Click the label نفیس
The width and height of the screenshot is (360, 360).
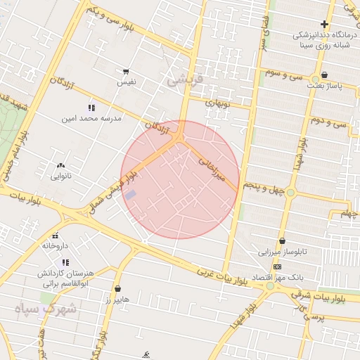point(126,82)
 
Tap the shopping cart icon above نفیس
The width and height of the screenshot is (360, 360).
point(126,72)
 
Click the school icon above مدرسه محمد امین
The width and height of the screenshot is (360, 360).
point(91,108)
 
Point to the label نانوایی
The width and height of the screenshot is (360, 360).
point(60,176)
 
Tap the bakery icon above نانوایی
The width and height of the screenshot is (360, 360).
point(60,166)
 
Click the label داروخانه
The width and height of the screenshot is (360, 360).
point(55,246)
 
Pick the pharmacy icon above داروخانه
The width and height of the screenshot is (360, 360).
point(55,236)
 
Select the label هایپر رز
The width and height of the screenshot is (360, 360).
point(116,300)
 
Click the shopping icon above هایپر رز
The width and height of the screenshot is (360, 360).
point(116,289)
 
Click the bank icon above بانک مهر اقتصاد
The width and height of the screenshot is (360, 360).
point(278,267)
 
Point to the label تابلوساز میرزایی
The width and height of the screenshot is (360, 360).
point(281,251)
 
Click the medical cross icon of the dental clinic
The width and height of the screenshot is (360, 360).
point(324,25)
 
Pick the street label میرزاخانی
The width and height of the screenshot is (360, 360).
point(213,169)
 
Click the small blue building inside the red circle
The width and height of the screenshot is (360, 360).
point(131,194)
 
